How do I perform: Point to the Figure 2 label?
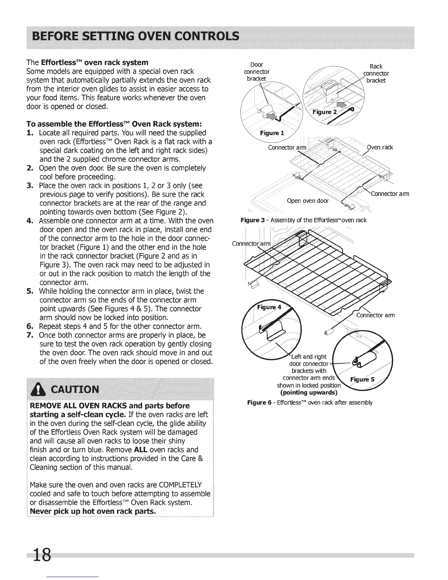(x=325, y=112)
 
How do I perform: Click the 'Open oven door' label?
(x=308, y=201)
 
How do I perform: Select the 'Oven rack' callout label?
(x=380, y=147)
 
